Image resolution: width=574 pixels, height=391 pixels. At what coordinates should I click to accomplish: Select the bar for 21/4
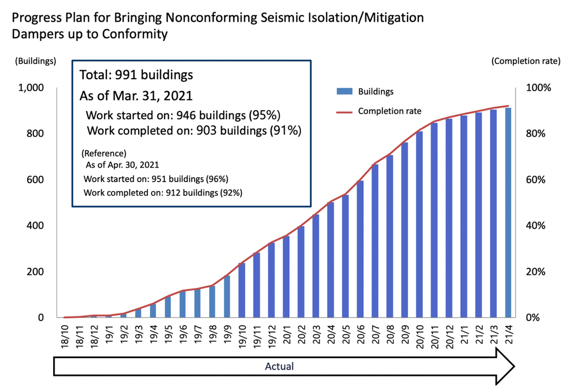click(x=508, y=212)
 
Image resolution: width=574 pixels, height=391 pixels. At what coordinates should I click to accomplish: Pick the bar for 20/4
click(x=331, y=260)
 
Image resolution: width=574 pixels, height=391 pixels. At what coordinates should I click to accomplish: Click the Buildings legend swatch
click(x=344, y=91)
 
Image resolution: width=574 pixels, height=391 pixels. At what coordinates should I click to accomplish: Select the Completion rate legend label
click(x=390, y=111)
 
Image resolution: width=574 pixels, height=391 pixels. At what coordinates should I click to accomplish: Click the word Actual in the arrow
click(x=279, y=366)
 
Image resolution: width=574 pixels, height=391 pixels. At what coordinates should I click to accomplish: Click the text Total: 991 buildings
click(x=136, y=75)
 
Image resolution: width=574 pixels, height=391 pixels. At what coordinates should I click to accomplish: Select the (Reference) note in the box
click(x=104, y=153)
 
